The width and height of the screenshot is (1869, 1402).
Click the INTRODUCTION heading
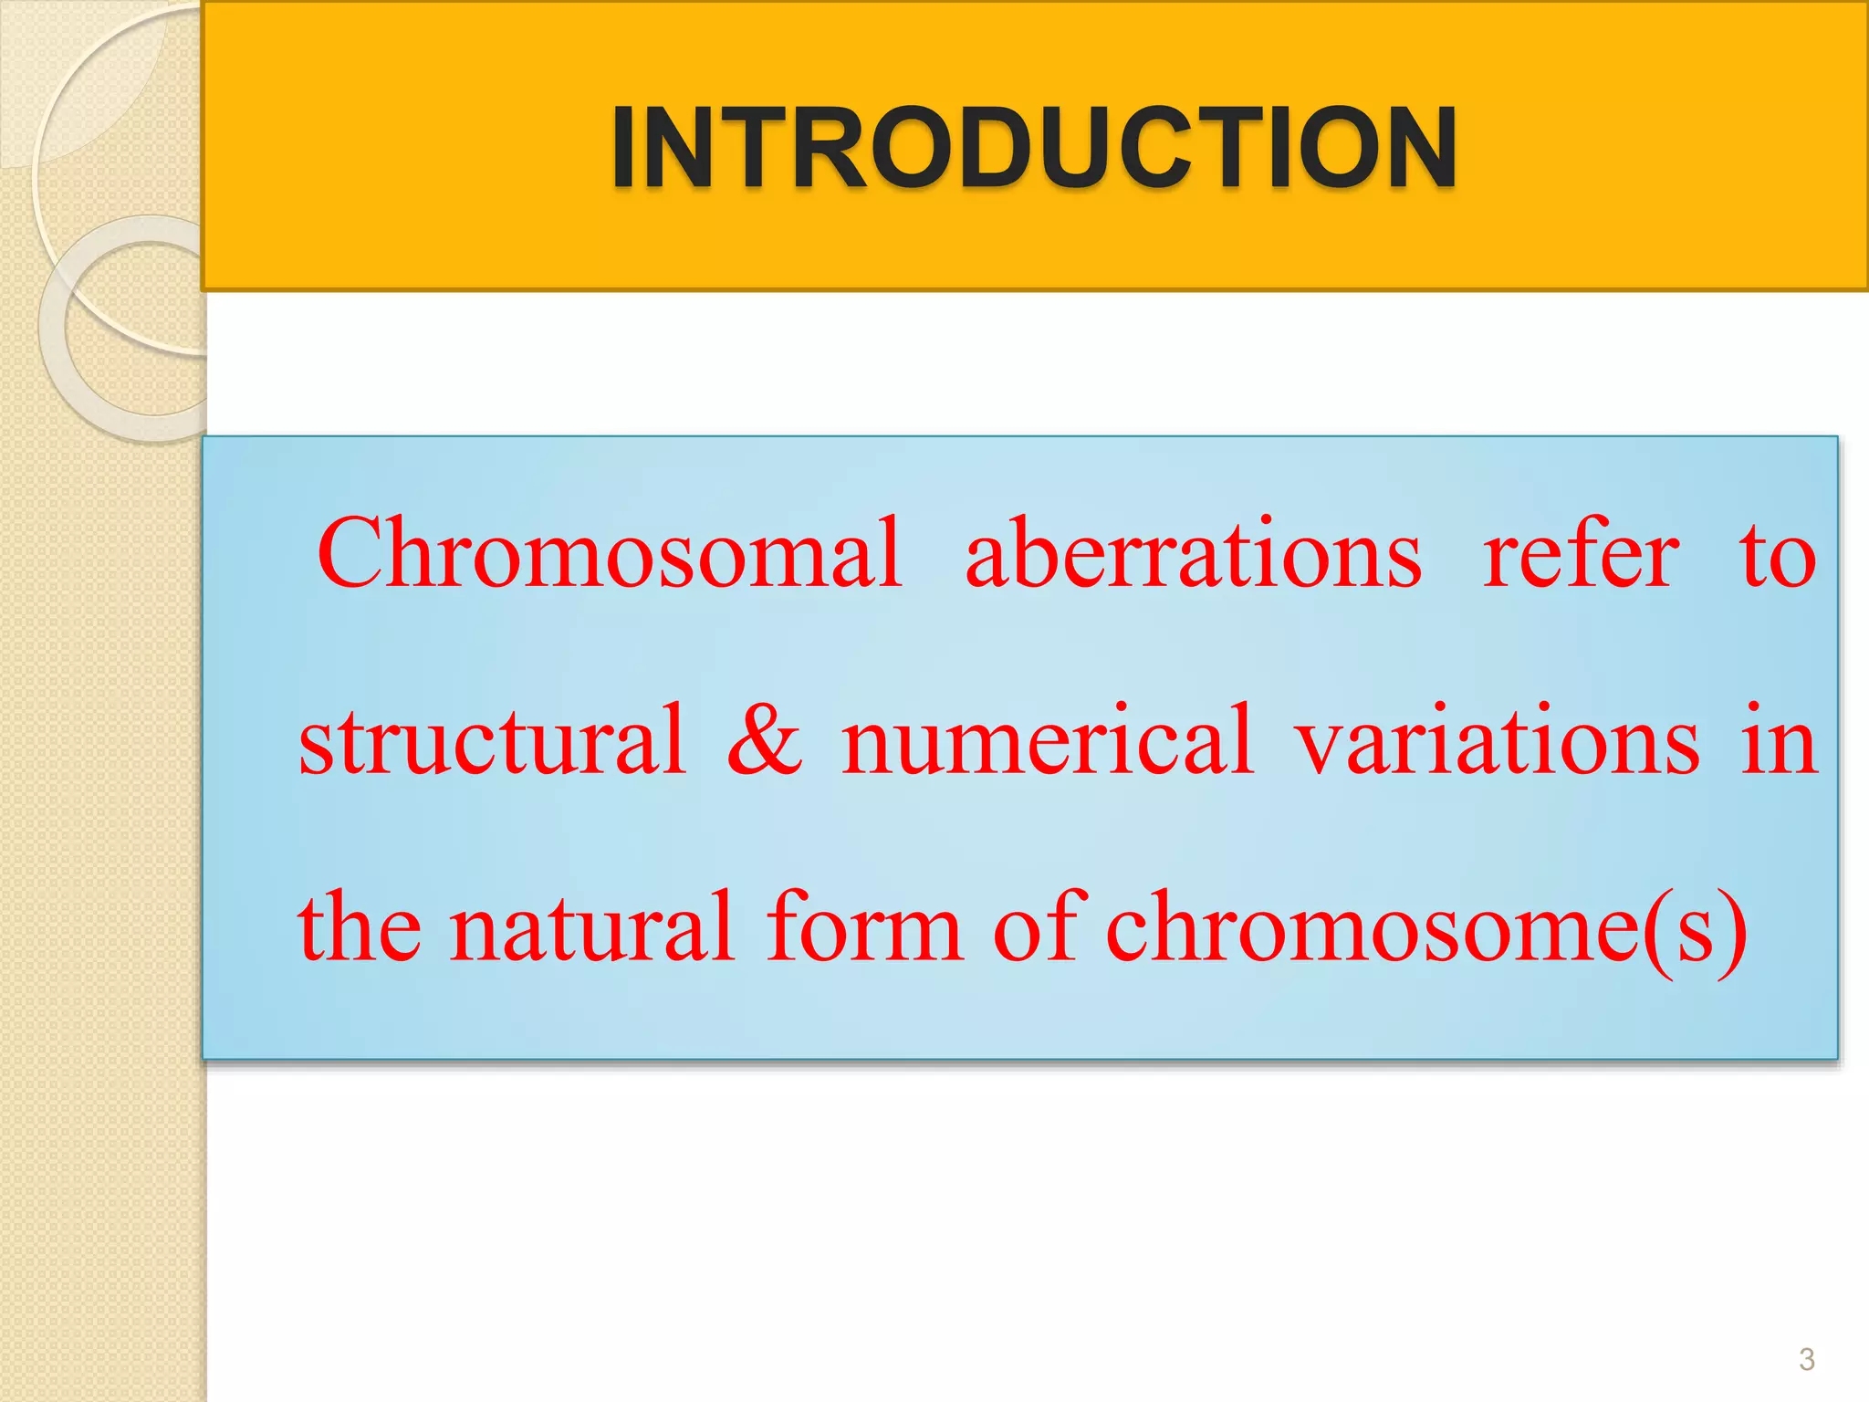tap(1033, 148)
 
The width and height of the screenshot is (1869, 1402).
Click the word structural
tap(492, 740)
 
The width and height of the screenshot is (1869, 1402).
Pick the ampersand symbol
tap(765, 740)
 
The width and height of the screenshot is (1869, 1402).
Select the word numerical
tap(1047, 740)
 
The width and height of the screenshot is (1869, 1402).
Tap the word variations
tap(1498, 740)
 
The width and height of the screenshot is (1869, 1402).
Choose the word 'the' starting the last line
tap(360, 927)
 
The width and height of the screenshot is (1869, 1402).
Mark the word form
tap(864, 927)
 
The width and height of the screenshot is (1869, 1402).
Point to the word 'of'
tap(1038, 927)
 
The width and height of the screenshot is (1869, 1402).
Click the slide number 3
tap(1806, 1360)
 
